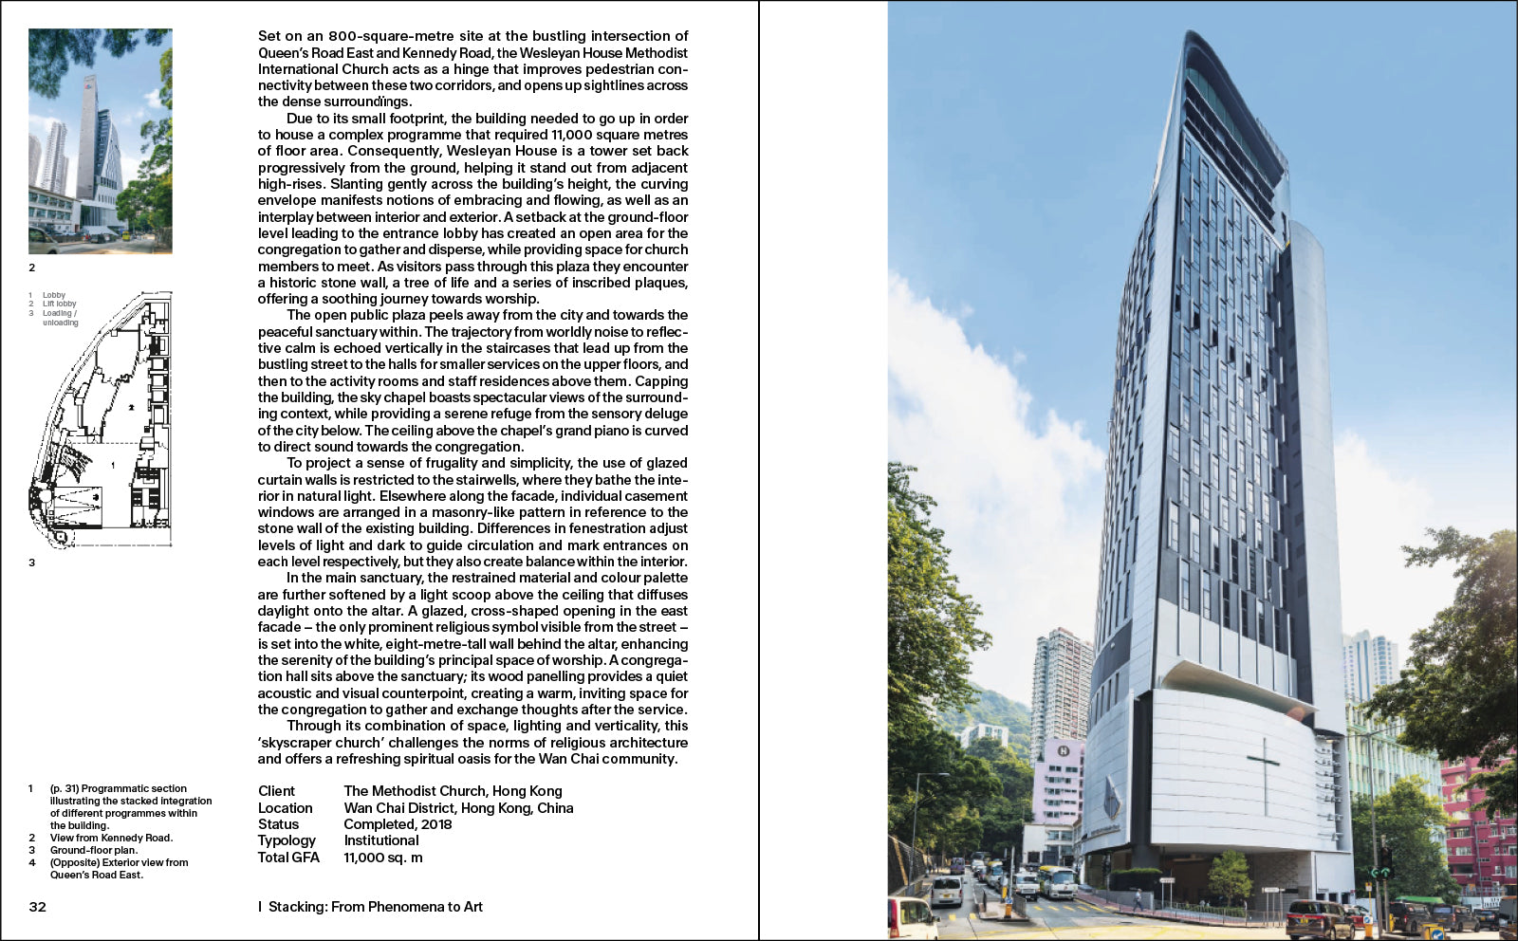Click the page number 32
[x=38, y=907]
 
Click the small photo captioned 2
[x=101, y=141]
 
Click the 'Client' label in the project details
[x=276, y=791]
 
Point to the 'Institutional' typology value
[x=380, y=840]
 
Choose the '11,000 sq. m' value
[x=382, y=858]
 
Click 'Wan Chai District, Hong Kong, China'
[x=458, y=808]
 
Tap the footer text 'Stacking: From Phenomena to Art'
[x=375, y=907]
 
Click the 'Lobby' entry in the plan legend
[x=54, y=295]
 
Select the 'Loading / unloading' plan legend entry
[x=60, y=318]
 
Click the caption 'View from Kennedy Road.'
[x=111, y=838]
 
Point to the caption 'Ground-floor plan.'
[x=93, y=850]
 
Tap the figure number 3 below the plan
[x=31, y=563]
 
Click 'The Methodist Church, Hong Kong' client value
[x=453, y=791]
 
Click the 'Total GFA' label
[x=288, y=858]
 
